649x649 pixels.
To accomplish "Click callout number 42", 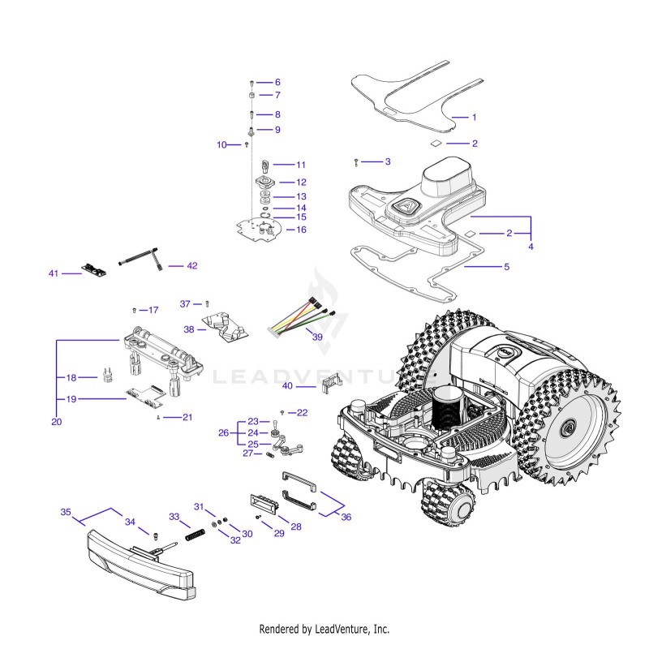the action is point(192,266).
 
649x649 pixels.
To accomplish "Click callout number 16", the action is point(301,230).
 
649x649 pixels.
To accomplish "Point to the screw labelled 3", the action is point(356,163).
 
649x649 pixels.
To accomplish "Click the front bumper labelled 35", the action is point(140,565).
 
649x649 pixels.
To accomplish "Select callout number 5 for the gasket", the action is point(506,267).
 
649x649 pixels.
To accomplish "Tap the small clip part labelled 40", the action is point(332,383).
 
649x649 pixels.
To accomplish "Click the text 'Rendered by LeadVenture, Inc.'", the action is point(324,630).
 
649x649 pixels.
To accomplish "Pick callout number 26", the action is point(224,433).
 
